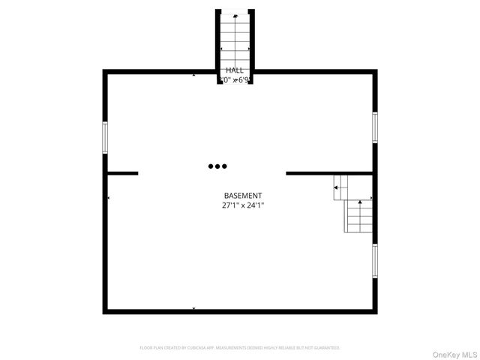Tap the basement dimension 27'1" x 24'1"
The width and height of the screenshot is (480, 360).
pyautogui.click(x=242, y=205)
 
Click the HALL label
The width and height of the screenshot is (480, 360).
pyautogui.click(x=234, y=70)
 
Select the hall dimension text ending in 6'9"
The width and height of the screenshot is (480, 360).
pyautogui.click(x=234, y=79)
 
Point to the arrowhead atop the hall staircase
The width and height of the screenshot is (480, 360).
pyautogui.click(x=236, y=16)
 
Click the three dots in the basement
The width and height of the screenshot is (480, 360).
pyautogui.click(x=217, y=166)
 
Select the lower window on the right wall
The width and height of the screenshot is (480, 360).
pyautogui.click(x=374, y=260)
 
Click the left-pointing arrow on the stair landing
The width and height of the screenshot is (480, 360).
pyautogui.click(x=337, y=187)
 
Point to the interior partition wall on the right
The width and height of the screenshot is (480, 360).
pyautogui.click(x=328, y=173)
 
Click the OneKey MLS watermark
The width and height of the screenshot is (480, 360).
pyautogui.click(x=451, y=350)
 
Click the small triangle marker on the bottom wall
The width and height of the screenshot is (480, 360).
pyautogui.click(x=194, y=308)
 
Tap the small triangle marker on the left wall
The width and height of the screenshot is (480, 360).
pyautogui.click(x=109, y=198)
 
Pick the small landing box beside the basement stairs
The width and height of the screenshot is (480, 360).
pyautogui.click(x=341, y=187)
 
